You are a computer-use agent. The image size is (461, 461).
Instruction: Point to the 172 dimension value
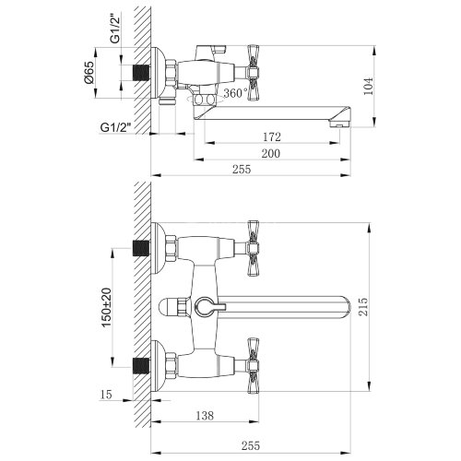click(271, 136)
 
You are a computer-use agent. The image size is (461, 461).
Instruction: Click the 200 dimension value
click(271, 153)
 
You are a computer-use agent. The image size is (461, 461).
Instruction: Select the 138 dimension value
click(208, 417)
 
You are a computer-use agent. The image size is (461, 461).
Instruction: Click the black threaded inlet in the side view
click(141, 71)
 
